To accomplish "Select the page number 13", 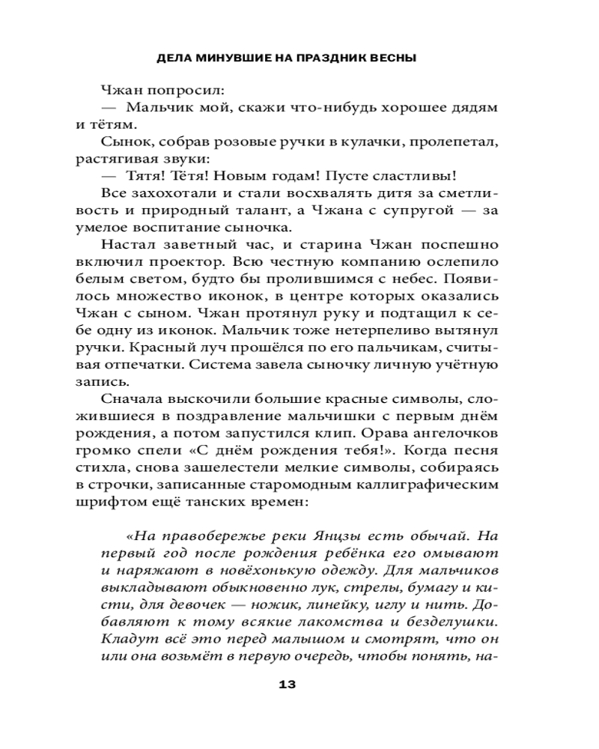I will coord(288,684).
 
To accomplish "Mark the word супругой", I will coord(408,215).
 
